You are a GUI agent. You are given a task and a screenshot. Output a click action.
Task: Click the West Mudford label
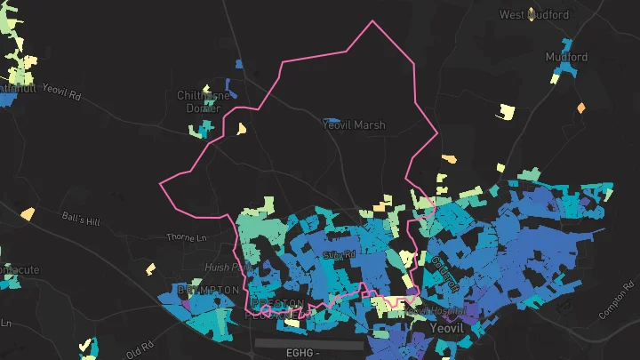point(534,14)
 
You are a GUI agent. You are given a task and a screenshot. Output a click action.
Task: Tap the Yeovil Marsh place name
point(355,125)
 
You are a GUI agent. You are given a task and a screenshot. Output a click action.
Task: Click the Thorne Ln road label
point(187,237)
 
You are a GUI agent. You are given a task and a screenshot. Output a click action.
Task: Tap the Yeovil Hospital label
point(435,311)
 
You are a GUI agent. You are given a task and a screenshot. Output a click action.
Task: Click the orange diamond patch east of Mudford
point(581,108)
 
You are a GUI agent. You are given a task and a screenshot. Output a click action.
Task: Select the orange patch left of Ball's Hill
point(28,213)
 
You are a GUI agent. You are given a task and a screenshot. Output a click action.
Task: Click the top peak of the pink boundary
point(372,21)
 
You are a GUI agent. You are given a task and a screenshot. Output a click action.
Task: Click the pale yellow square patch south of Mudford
point(506,111)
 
